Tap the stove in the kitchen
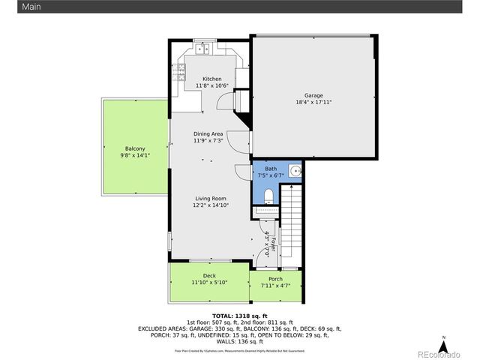pos(179,73)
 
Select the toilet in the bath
pos(269,196)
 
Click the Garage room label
pos(313,95)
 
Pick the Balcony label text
pos(135,148)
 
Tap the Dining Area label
pos(208,133)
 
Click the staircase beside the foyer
pos(291,225)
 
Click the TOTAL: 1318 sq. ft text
pos(240,316)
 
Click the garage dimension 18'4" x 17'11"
pos(313,102)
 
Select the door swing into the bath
pos(242,172)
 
